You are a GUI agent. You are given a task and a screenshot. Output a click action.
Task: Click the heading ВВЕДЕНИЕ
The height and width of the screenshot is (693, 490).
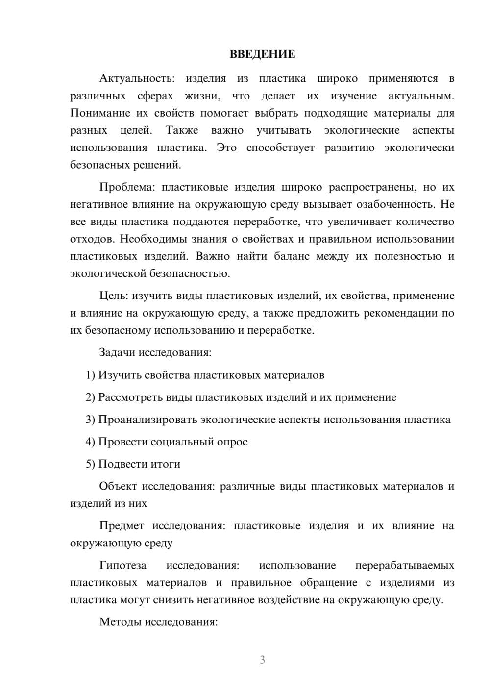[262, 54]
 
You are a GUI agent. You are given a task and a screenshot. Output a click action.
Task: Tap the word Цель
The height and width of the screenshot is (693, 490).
[114, 296]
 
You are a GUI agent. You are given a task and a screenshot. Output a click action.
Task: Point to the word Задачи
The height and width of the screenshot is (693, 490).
[117, 352]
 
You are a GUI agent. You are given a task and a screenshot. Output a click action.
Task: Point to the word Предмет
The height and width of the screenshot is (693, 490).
[122, 526]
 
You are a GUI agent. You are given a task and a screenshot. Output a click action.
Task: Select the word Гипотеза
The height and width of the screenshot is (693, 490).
[122, 565]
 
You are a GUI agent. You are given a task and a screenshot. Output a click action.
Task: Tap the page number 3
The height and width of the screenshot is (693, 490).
[262, 660]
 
